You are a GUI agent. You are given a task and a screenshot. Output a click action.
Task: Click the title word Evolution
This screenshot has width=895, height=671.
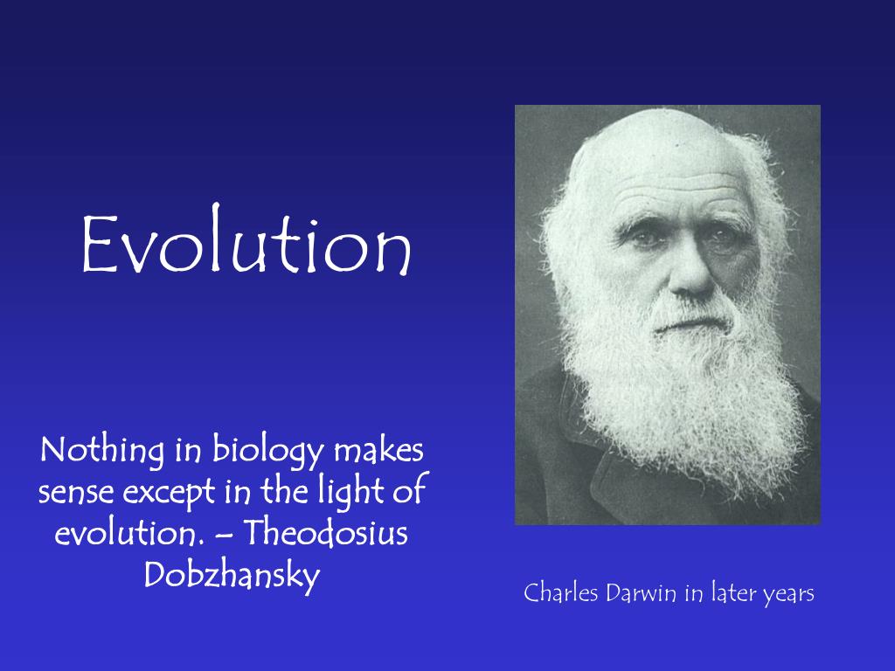[246, 246]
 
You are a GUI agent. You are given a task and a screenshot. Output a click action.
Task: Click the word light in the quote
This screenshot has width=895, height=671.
[350, 492]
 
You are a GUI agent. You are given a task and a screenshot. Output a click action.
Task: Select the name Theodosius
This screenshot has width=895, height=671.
[332, 533]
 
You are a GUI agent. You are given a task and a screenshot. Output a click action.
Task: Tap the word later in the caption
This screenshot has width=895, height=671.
[731, 593]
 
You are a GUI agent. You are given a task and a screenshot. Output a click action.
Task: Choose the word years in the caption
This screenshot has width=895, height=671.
[788, 595]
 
